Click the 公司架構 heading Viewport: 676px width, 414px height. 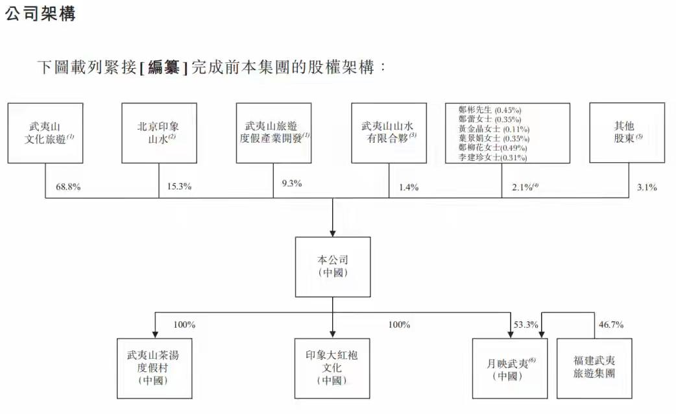tap(40, 14)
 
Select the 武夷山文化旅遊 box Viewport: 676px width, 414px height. tap(45, 133)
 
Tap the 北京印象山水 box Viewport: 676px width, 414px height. tap(159, 133)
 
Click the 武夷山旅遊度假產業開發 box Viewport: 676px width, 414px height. tap(273, 133)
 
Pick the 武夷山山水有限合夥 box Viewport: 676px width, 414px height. tap(389, 133)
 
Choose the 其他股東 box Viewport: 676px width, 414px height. tap(627, 133)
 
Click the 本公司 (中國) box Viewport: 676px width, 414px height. tap(333, 267)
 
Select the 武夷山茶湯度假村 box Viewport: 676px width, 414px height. tap(154, 368)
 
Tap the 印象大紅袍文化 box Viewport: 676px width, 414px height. tap(333, 368)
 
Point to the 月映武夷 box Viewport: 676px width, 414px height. tap(509, 368)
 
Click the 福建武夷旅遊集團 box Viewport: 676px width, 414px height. tap(594, 368)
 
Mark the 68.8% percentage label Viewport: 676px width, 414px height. tap(68, 188)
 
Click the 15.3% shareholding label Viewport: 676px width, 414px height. tap(180, 188)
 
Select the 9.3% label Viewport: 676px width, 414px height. tap(292, 184)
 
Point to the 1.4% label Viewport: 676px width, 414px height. tap(409, 188)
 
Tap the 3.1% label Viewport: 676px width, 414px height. tap(647, 188)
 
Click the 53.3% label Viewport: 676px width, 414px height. tap(525, 324)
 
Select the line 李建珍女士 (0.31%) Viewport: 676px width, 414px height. tap(492, 158)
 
